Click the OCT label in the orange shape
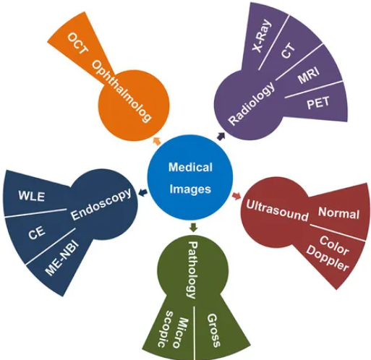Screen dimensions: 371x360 pyautogui.click(x=77, y=43)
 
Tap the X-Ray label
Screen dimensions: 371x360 pyautogui.click(x=262, y=36)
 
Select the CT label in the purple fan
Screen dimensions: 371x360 pyautogui.click(x=288, y=51)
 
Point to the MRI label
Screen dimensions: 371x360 pyautogui.click(x=309, y=75)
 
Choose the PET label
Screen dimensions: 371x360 pyautogui.click(x=318, y=103)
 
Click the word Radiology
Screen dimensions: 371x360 pyautogui.click(x=252, y=103)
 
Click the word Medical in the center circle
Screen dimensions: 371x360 pyautogui.click(x=190, y=167)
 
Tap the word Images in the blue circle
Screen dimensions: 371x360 pyautogui.click(x=190, y=189)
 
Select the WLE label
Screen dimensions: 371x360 pyautogui.click(x=32, y=196)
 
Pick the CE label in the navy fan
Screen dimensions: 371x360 pyautogui.click(x=37, y=232)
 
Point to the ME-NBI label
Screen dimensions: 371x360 pyautogui.click(x=62, y=258)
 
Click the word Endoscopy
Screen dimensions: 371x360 pyautogui.click(x=101, y=205)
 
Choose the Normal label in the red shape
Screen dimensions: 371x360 pyautogui.click(x=338, y=213)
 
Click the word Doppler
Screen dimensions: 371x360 pyautogui.click(x=328, y=259)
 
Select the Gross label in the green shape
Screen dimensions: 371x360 pyautogui.click(x=213, y=330)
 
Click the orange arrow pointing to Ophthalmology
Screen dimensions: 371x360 pyautogui.click(x=157, y=141)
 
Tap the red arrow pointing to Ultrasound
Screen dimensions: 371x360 pyautogui.click(x=236, y=196)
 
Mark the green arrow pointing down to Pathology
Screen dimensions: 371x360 pyautogui.click(x=194, y=228)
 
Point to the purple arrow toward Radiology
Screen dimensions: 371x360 pyautogui.click(x=221, y=136)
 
